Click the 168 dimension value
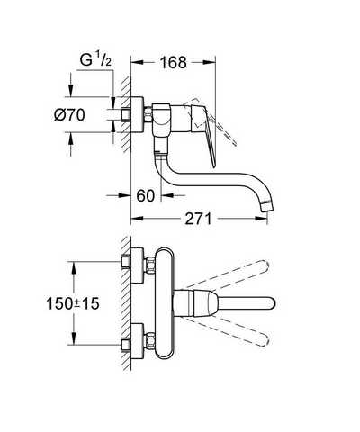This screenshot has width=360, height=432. [173, 63]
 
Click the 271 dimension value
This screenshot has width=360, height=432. [198, 219]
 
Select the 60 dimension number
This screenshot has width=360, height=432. [146, 195]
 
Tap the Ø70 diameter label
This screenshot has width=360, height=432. [69, 115]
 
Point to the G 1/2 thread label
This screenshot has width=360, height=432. [95, 60]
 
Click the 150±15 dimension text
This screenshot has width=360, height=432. [73, 303]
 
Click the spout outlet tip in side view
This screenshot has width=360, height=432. [266, 207]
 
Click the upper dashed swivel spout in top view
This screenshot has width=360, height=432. [228, 274]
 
